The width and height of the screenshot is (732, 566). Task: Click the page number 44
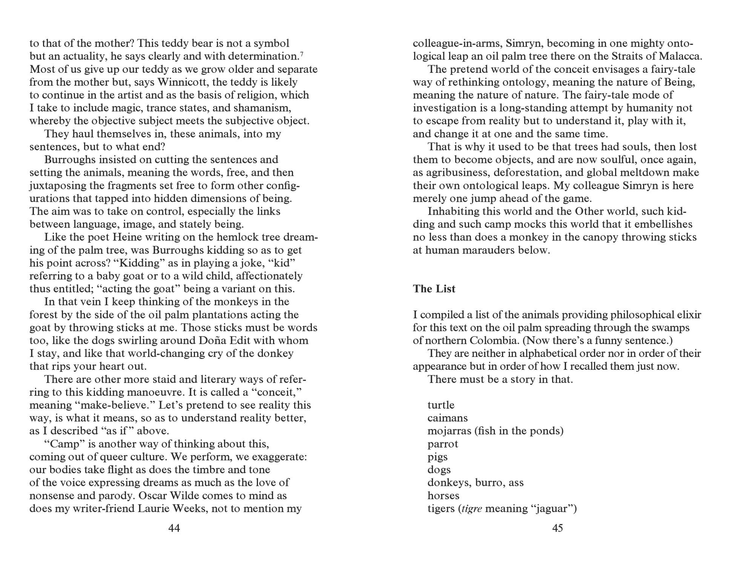point(174,528)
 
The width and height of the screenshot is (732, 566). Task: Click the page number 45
point(557,528)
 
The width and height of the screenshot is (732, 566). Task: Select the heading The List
point(434,289)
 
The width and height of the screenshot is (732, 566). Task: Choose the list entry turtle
point(441,405)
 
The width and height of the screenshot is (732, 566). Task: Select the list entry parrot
point(443,444)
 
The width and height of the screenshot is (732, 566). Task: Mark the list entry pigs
point(437,457)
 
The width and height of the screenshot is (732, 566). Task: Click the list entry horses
point(443,496)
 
